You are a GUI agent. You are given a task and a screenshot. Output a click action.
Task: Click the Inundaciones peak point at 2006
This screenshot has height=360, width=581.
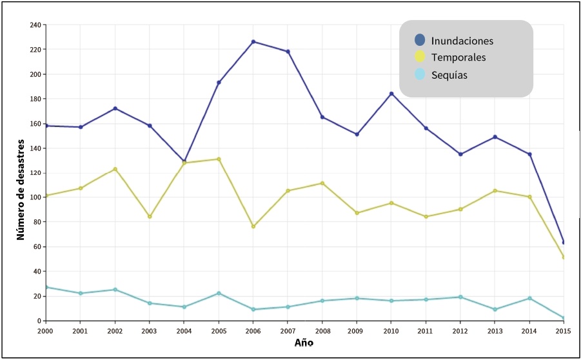(253, 41)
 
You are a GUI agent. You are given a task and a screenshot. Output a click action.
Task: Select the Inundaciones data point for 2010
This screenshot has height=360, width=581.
(391, 94)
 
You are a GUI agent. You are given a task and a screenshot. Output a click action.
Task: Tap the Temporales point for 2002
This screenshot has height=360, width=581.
(115, 169)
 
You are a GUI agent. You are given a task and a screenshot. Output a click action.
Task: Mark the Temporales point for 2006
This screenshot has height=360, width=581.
(253, 226)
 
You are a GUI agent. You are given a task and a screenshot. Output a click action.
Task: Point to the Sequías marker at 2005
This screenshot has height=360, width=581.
(219, 293)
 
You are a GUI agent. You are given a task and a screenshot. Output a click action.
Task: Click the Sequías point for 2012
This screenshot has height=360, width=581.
(460, 297)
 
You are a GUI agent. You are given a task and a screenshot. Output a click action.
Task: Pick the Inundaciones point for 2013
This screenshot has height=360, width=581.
(495, 137)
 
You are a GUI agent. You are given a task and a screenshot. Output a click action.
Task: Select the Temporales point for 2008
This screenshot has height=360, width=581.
(322, 183)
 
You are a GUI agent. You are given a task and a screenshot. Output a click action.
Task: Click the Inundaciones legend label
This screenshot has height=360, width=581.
(462, 41)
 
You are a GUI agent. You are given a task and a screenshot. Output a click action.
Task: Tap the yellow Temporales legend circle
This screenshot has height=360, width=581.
(420, 57)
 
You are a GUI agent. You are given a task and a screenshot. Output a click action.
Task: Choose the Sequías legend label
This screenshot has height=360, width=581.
(449, 75)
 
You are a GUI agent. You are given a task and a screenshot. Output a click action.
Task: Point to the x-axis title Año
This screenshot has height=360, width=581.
(304, 343)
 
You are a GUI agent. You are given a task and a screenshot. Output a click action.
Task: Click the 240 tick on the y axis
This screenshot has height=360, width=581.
(35, 25)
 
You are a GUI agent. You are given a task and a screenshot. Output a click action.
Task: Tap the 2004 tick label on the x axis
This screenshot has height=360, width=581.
(184, 330)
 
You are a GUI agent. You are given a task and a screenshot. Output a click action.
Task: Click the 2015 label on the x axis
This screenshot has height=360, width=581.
(563, 330)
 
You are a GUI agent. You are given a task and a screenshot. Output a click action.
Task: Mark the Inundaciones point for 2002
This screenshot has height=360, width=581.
(115, 108)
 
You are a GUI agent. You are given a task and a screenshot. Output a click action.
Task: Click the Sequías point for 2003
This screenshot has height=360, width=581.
(150, 303)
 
